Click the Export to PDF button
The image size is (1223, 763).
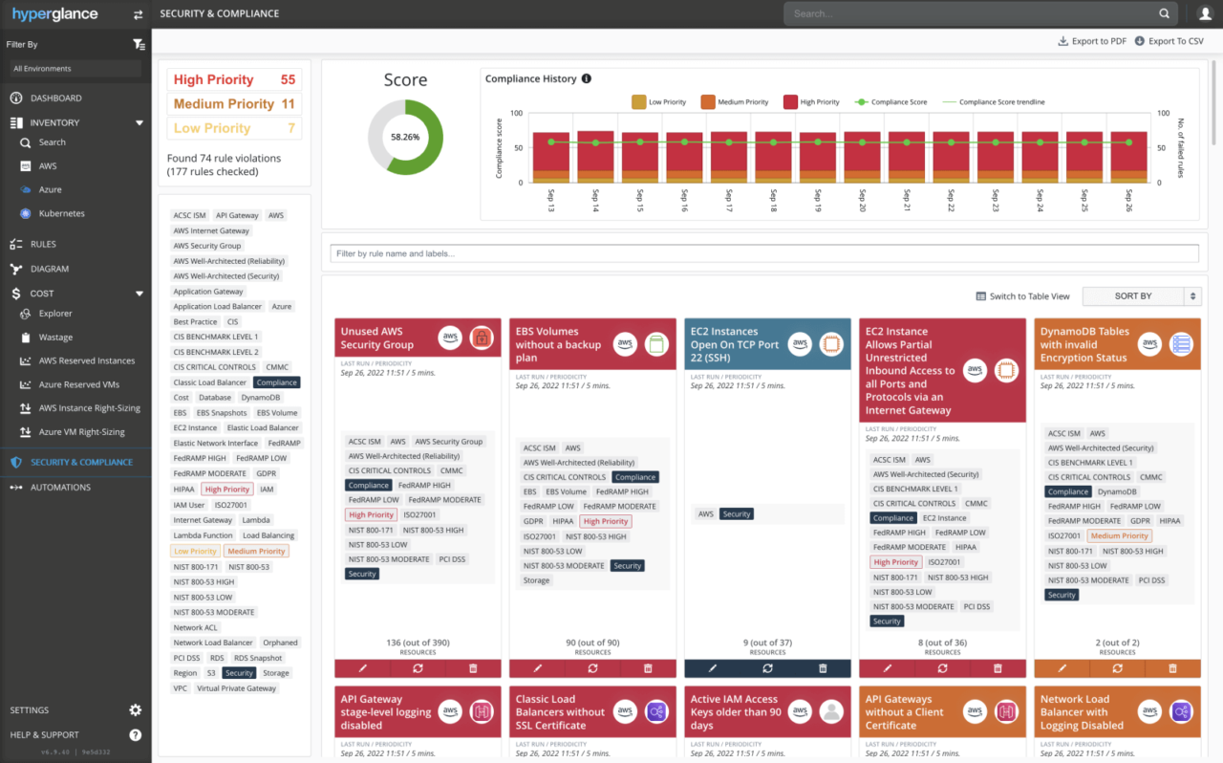pyautogui.click(x=1091, y=41)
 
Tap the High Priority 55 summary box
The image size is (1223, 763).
pyautogui.click(x=234, y=80)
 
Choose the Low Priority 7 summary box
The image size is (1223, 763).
pyautogui.click(x=234, y=128)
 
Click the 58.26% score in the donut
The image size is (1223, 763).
pyautogui.click(x=405, y=137)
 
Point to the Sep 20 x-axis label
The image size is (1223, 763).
pyautogui.click(x=862, y=200)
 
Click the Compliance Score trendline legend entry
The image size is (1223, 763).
pyautogui.click(x=995, y=102)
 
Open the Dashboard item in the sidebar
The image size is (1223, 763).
pyautogui.click(x=55, y=98)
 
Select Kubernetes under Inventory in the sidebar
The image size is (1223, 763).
pyautogui.click(x=61, y=214)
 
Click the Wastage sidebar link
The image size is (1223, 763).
pyautogui.click(x=55, y=338)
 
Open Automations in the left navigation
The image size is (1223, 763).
pyautogui.click(x=60, y=488)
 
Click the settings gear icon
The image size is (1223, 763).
pyautogui.click(x=135, y=710)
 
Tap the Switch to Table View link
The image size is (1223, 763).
pyautogui.click(x=1022, y=296)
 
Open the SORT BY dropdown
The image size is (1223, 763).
pyautogui.click(x=1141, y=296)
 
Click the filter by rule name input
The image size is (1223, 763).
pyautogui.click(x=763, y=253)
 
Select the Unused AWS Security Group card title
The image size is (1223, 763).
pyautogui.click(x=377, y=338)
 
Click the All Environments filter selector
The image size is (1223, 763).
pyautogui.click(x=75, y=69)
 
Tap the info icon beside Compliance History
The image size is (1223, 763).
pyautogui.click(x=587, y=79)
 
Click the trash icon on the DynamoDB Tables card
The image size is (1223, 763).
pyautogui.click(x=1172, y=668)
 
